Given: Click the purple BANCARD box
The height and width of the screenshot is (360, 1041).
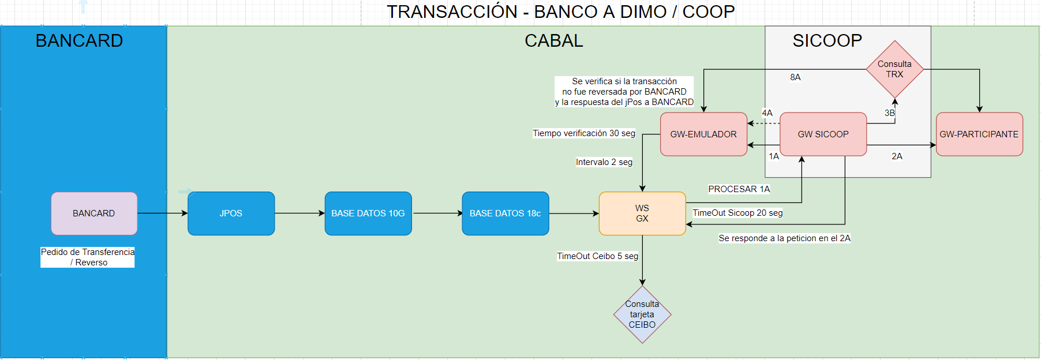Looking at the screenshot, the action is tap(94, 213).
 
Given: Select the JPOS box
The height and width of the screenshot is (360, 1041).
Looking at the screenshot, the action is tap(231, 213).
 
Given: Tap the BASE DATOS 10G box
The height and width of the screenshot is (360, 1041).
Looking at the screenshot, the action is tap(368, 213).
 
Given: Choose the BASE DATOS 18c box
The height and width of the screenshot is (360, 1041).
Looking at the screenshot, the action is tap(505, 213).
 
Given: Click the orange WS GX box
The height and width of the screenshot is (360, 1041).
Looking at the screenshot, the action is tap(642, 213).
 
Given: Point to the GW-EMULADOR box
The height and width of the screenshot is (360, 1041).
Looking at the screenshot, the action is tap(703, 134).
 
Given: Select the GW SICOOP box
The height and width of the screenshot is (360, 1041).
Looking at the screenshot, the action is tap(823, 134).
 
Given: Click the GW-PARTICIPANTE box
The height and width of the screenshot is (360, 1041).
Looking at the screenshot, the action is tap(979, 134).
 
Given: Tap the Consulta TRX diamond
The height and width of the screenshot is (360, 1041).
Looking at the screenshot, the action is tap(895, 69).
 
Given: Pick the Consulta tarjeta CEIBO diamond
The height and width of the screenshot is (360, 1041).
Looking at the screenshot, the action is tap(642, 314).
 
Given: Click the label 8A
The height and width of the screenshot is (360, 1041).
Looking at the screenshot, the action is tap(795, 77).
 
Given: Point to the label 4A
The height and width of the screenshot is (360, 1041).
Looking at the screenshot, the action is tap(767, 113).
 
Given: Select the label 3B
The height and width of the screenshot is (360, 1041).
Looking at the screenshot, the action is tap(890, 113).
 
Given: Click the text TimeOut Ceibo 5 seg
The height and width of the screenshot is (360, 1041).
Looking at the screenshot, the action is tap(598, 256).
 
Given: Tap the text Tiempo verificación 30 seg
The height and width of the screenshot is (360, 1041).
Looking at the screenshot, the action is tap(584, 133).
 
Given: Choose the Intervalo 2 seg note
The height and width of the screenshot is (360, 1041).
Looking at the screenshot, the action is tap(604, 162).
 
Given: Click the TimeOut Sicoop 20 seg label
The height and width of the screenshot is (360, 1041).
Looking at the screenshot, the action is tap(737, 213).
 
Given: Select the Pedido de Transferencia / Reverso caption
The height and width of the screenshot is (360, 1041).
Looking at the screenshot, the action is tap(88, 257).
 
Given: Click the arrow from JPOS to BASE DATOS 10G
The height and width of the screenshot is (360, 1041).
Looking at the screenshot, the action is tap(299, 213).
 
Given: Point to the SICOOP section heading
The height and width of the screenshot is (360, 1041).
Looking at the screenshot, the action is tap(827, 40).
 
